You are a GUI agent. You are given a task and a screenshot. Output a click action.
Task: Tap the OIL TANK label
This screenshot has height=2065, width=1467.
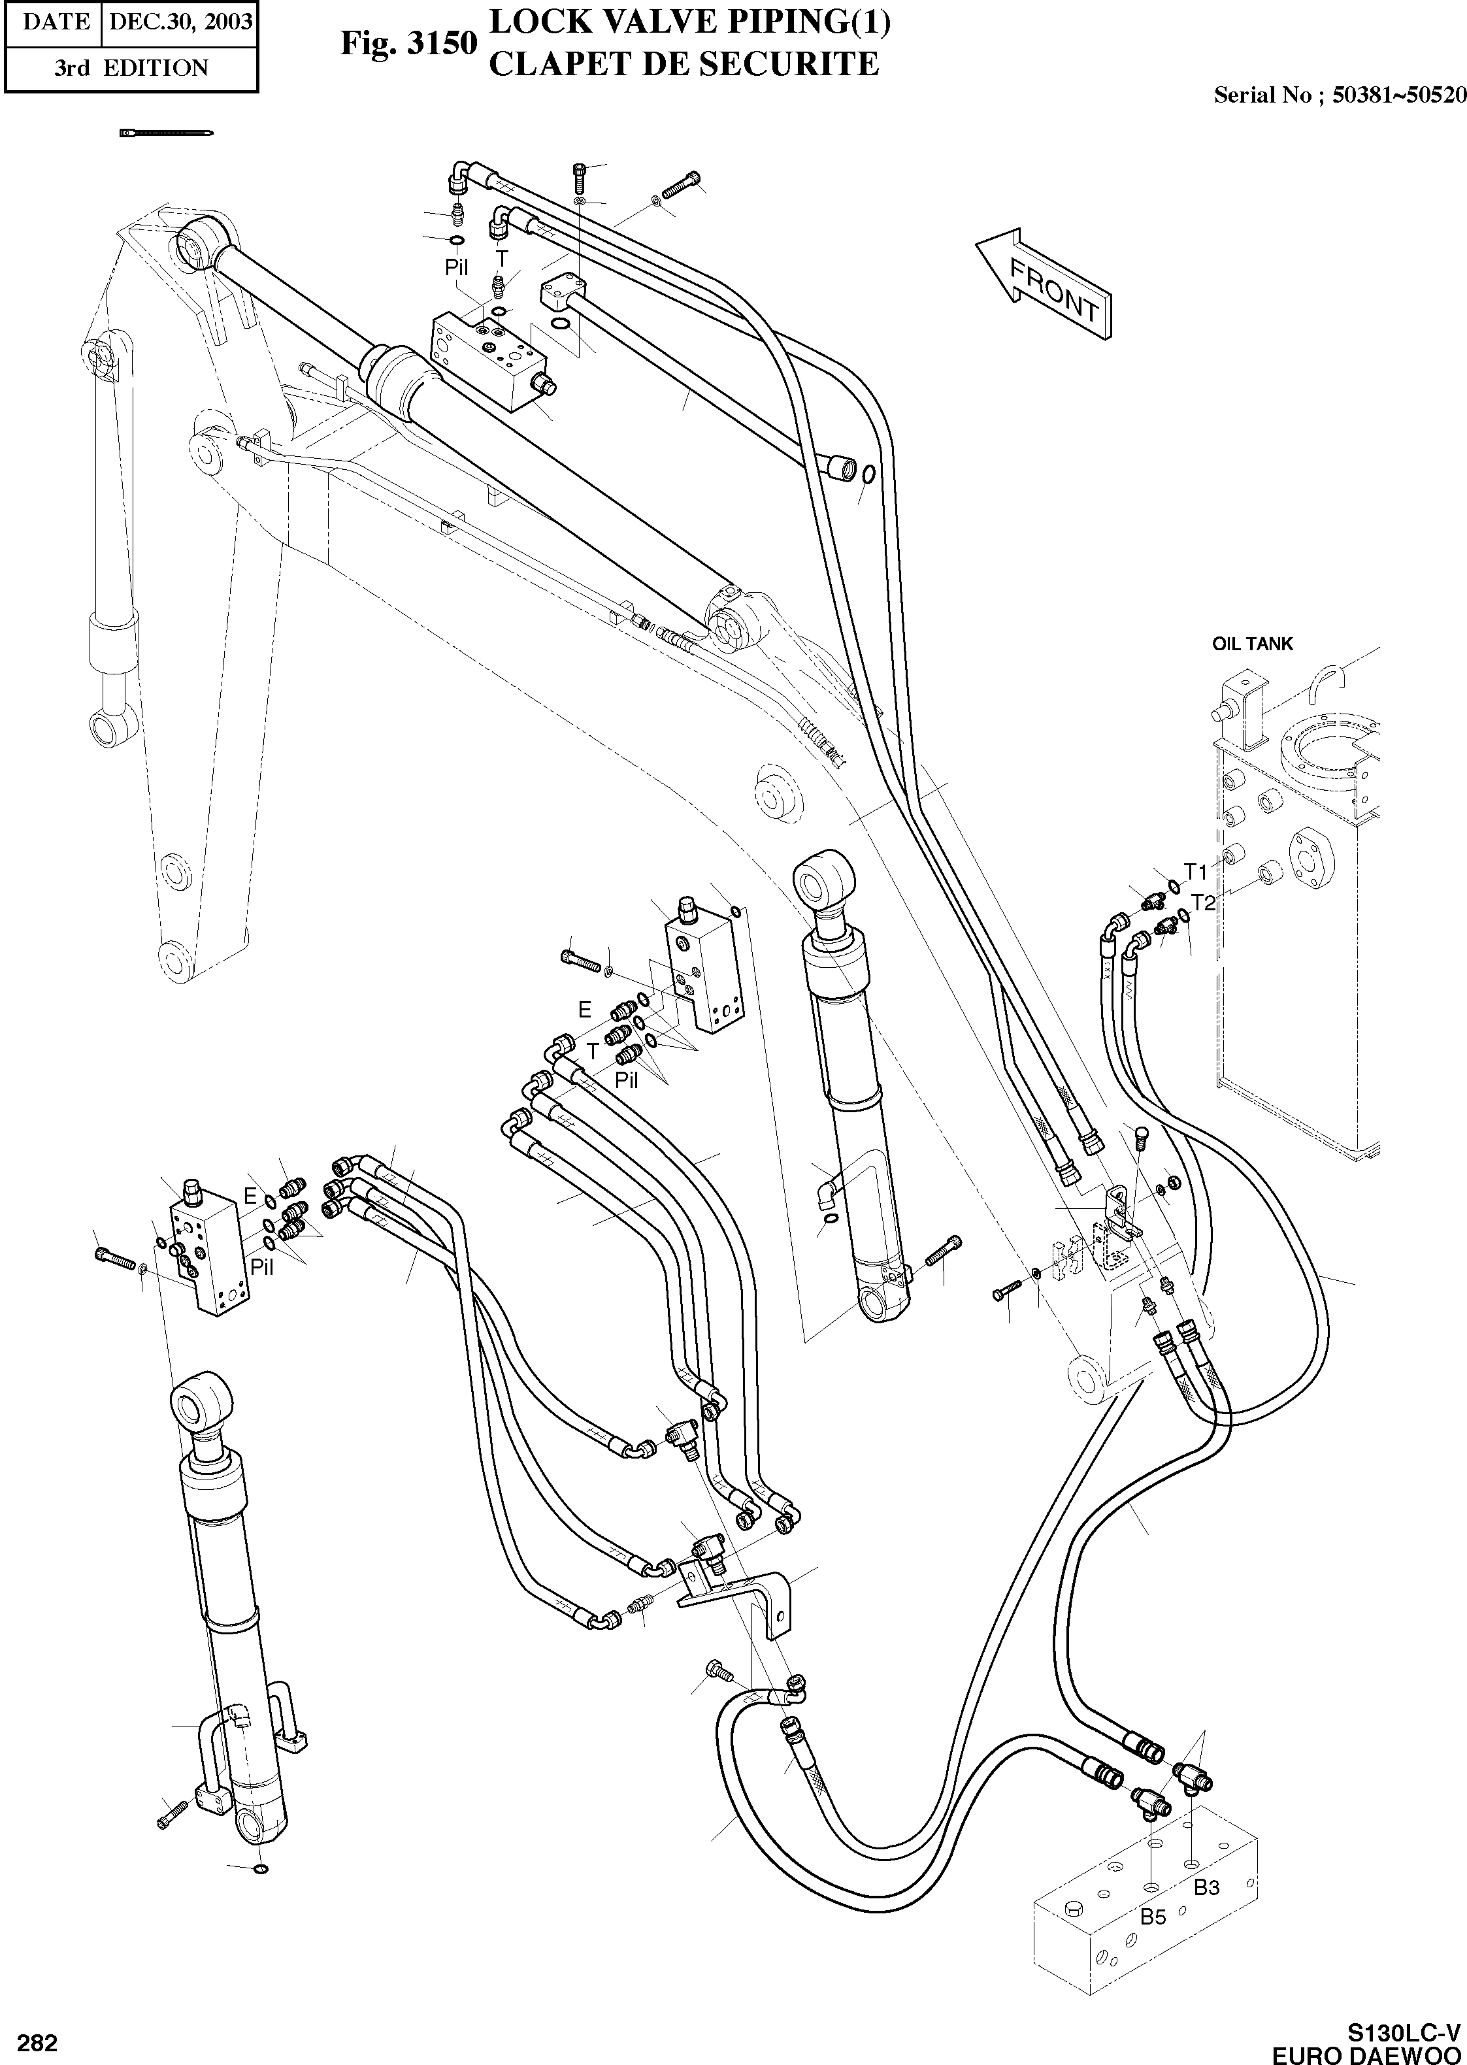tap(1252, 644)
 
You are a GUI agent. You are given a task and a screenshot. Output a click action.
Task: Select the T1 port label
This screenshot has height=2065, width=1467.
tap(1195, 872)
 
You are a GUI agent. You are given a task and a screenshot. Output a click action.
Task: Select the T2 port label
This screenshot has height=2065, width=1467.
tap(1203, 902)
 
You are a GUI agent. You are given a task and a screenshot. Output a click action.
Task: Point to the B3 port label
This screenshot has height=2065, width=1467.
tap(1207, 1887)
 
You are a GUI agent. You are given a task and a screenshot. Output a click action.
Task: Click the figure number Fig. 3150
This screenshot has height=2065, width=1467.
tap(407, 42)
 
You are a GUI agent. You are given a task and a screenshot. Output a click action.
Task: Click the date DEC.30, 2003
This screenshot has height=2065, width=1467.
tap(180, 22)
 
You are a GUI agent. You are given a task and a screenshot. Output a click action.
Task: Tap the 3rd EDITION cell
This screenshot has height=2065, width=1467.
tap(130, 69)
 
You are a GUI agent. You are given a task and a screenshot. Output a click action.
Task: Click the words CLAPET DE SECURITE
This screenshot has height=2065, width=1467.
tap(683, 64)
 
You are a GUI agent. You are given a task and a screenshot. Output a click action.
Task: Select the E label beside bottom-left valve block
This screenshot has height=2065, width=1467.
tap(250, 1197)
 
